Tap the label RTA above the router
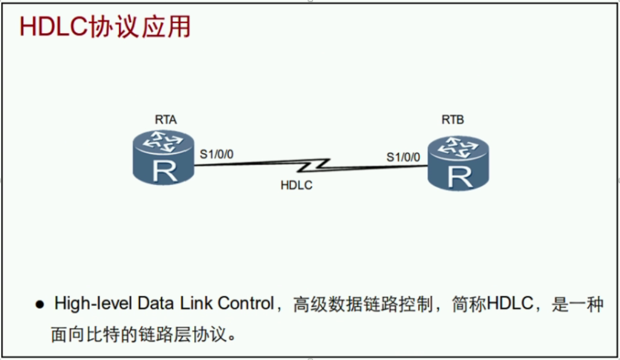point(166,120)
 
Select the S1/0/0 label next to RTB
point(403,157)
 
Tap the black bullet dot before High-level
point(40,305)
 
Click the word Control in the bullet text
point(246,304)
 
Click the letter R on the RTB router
point(459,177)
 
